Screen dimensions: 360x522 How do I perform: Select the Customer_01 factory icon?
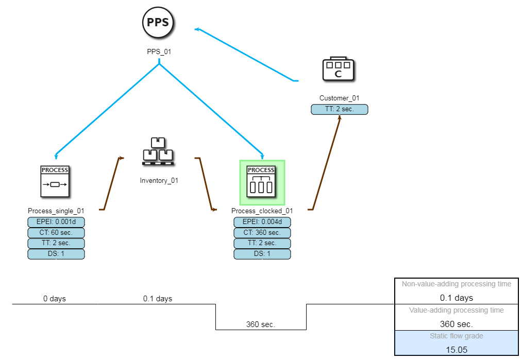coord(339,69)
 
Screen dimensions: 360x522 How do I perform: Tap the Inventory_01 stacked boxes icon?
coord(158,152)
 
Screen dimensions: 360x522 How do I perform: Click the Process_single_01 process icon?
coord(55,181)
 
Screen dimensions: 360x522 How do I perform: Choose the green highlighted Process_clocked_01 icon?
coord(262,182)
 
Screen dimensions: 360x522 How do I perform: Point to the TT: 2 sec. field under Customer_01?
coord(340,109)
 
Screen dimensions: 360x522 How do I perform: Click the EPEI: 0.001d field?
coord(56,222)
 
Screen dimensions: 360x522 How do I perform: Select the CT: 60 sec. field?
coord(56,233)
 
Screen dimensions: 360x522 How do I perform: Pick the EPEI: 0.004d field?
coord(262,222)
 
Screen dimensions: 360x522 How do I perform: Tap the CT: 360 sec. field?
coord(262,233)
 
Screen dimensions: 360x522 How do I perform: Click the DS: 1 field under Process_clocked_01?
coord(262,254)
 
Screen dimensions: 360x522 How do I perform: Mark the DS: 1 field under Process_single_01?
coord(56,254)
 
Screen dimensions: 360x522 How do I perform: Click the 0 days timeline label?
coord(55,299)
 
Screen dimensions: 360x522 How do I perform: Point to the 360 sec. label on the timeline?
coord(261,324)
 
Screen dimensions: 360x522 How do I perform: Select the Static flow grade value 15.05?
coord(456,349)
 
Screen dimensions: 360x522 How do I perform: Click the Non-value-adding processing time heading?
coord(456,284)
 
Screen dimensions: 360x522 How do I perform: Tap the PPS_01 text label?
coord(159,52)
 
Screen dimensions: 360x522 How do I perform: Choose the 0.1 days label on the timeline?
coord(158,299)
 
